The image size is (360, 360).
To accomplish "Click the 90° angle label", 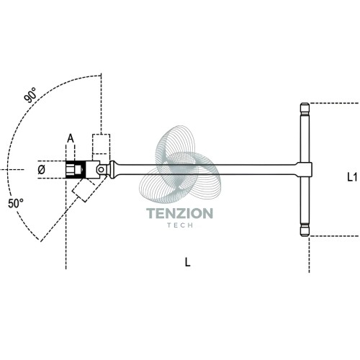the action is pyautogui.click(x=30, y=95).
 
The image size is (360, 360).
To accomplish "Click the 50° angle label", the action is pyautogui.click(x=16, y=204).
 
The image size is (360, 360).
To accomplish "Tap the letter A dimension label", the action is pyautogui.click(x=71, y=138).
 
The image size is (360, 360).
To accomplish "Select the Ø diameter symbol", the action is pyautogui.click(x=42, y=170).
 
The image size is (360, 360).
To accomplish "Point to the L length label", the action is pyautogui.click(x=187, y=262).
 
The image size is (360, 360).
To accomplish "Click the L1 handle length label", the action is pyautogui.click(x=352, y=177).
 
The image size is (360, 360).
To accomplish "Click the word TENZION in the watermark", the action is pyautogui.click(x=179, y=213).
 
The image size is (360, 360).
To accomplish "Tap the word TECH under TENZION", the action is pyautogui.click(x=180, y=225).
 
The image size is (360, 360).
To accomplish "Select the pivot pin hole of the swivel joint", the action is pyautogui.click(x=101, y=170).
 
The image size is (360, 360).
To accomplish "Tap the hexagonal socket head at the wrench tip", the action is pyautogui.click(x=75, y=170).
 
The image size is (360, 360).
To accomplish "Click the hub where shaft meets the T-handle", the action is pyautogui.click(x=304, y=169).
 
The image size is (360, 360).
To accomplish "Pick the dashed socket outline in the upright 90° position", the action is pyautogui.click(x=102, y=144).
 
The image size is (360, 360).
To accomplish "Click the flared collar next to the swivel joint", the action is pyautogui.click(x=113, y=169).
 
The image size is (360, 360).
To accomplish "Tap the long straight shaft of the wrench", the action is pyautogui.click(x=207, y=169).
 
